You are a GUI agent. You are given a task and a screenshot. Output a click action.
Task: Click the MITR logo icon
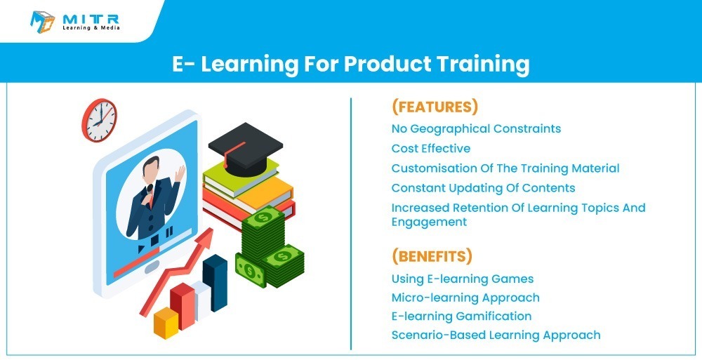tap(43, 22)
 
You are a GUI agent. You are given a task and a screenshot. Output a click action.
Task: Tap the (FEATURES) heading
tap(435, 107)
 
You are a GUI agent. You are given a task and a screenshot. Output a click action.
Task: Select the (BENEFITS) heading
tap(432, 256)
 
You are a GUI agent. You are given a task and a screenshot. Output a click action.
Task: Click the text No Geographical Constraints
tap(476, 129)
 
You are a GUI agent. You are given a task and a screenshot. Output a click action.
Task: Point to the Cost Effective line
tap(431, 149)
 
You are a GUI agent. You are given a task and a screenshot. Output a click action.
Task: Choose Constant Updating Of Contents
tap(483, 188)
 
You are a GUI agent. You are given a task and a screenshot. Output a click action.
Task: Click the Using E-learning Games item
tap(463, 279)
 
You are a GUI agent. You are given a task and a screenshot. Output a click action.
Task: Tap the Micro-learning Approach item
tap(465, 298)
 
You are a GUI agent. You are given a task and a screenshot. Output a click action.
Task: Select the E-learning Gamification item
tap(462, 316)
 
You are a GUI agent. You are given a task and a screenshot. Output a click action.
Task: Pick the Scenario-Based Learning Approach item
tap(496, 335)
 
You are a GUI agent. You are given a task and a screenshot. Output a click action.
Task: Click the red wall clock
tap(100, 120)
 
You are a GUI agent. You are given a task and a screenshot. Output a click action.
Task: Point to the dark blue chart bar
tap(215, 283)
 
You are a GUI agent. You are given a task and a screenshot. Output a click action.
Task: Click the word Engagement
tap(429, 222)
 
